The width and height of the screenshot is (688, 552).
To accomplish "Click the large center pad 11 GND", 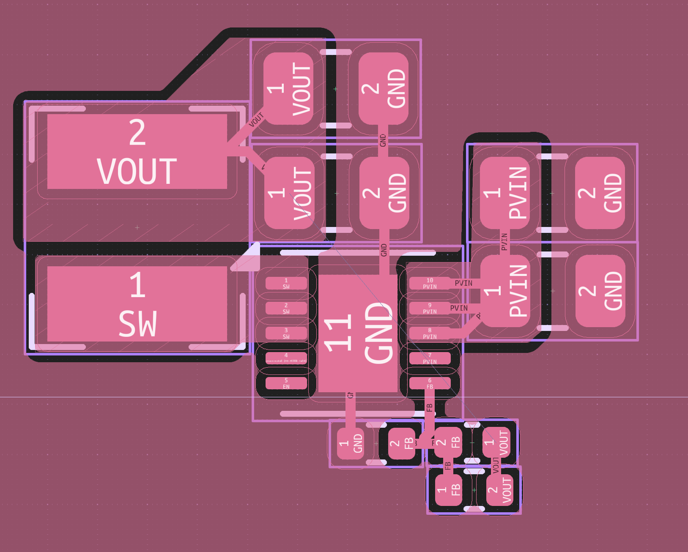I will pos(358,333).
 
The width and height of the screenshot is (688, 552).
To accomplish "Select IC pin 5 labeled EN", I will pos(286,383).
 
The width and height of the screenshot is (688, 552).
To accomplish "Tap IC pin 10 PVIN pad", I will pos(430,283).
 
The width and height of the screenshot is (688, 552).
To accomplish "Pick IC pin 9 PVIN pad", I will pos(430,308).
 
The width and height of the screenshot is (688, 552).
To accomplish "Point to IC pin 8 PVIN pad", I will pos(430,333).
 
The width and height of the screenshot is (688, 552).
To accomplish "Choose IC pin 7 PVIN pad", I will pos(430,358).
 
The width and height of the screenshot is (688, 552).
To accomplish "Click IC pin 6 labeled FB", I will pos(430,383).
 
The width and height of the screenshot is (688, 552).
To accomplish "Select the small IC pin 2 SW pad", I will pos(286,308).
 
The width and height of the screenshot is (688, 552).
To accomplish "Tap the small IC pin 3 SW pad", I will pos(286,333).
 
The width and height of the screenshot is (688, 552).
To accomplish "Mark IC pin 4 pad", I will pos(286,358).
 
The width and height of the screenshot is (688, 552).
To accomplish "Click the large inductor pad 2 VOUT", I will pos(137,151).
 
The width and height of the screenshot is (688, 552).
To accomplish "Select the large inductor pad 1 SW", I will pos(137,304).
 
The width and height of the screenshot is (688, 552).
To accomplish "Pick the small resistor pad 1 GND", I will pos(350,443).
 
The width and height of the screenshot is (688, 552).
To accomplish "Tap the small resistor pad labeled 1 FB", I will pos(448,490).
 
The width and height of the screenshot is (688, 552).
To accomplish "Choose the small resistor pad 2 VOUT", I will pos(499,490).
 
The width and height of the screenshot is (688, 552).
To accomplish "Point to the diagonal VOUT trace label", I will pos(256,120).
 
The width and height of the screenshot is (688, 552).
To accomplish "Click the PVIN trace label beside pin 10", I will pos(463,283).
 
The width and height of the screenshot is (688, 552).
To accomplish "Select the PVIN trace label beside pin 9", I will pos(459,308).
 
